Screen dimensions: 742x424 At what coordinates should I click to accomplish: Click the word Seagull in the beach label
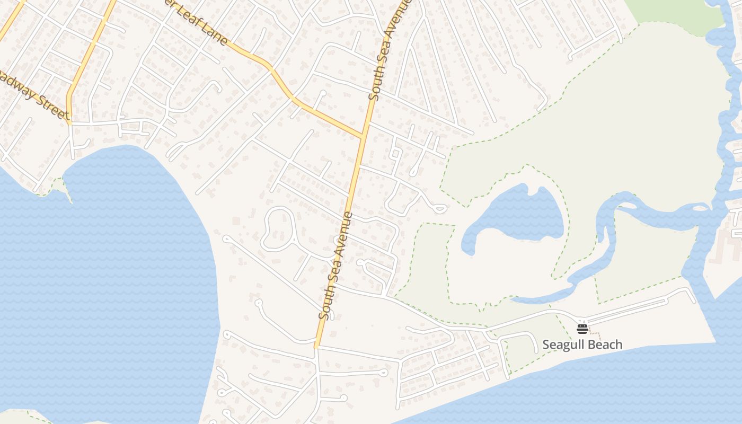point(563,345)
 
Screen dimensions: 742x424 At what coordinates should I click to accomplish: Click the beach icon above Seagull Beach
point(582,329)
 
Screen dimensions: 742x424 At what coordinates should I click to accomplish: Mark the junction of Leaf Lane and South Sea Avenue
point(364,136)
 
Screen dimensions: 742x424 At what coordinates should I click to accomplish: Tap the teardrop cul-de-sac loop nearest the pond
point(439,209)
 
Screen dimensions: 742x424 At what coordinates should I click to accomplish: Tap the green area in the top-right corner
point(673,11)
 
